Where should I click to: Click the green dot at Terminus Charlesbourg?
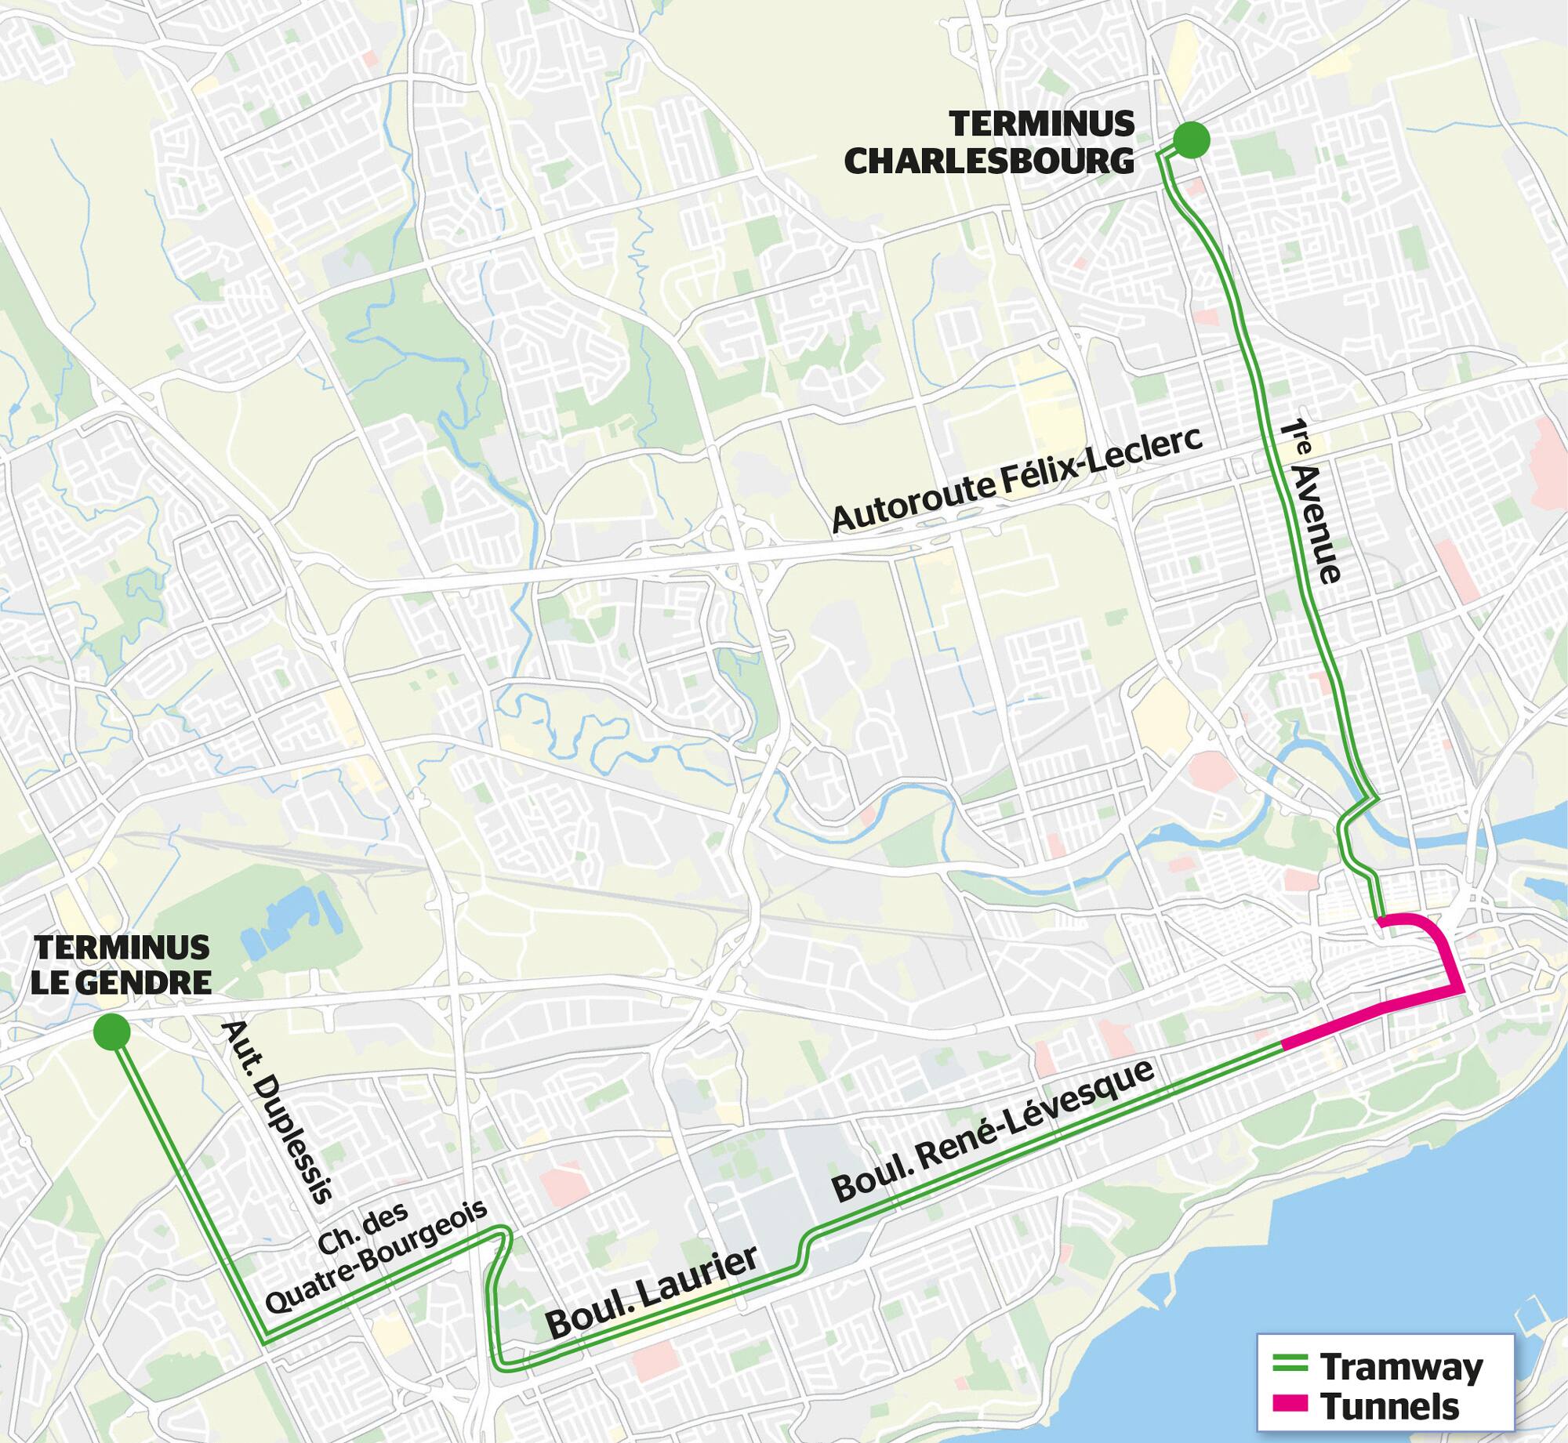(x=1191, y=140)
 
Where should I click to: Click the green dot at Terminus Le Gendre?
(x=111, y=1032)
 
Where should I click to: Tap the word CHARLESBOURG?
(x=989, y=161)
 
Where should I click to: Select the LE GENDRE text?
(x=122, y=982)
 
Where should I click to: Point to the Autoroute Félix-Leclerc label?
(x=1016, y=480)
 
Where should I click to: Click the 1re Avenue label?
(x=1311, y=502)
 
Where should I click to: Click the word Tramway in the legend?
(x=1401, y=1367)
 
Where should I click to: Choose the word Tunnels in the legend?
(x=1389, y=1406)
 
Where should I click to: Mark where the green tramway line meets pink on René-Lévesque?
(x=1282, y=1043)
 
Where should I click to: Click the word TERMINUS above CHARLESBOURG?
(x=1042, y=124)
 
